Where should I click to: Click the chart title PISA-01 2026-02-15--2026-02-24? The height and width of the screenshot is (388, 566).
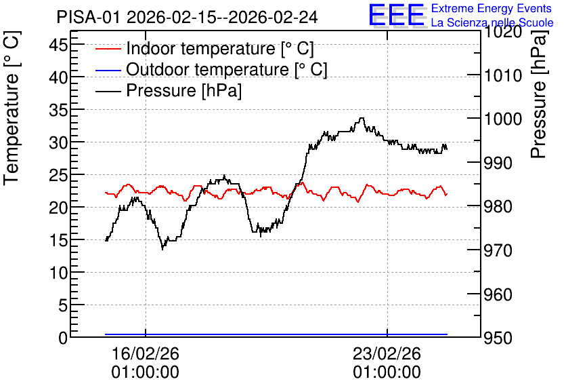187,17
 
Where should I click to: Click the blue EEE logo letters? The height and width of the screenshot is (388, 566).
396,15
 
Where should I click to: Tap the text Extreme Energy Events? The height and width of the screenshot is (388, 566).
492,8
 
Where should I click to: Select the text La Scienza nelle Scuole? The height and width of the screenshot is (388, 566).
492,22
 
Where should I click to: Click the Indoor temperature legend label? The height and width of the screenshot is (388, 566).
220,48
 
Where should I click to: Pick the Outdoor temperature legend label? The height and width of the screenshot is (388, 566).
227,69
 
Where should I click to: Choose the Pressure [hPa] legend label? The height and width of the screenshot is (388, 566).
183,90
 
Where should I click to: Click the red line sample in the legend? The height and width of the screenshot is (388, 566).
108,48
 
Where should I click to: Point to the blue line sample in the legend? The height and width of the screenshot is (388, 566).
108,69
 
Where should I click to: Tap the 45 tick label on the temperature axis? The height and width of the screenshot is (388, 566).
58,45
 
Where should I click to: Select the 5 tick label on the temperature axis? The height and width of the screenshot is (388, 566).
63,306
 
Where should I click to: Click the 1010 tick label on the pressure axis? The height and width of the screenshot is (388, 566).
503,76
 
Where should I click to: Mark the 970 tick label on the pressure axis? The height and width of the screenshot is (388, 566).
498,250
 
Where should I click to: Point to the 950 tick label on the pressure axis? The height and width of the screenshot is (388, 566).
498,338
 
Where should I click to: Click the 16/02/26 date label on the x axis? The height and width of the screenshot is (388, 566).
145,353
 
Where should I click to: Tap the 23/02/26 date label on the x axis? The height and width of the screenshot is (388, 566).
387,353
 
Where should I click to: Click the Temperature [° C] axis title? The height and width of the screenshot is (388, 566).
12,108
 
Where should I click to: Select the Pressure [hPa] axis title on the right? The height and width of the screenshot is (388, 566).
539,94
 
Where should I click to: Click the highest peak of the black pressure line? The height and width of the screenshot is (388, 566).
362,118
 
